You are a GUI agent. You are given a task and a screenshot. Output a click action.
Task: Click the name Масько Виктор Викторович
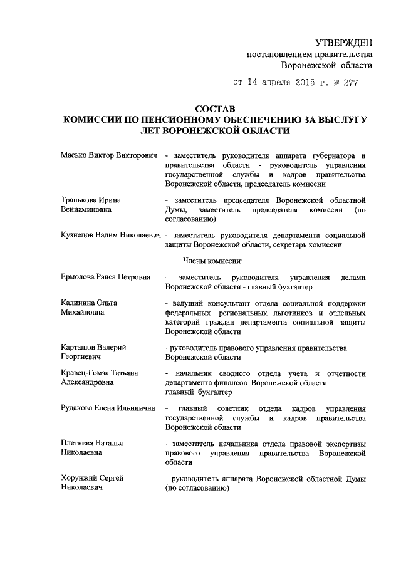pyautogui.click(x=108, y=155)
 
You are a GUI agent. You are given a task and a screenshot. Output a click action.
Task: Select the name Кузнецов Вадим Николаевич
pyautogui.click(x=108, y=235)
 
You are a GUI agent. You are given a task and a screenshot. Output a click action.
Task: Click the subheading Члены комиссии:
pyautogui.click(x=216, y=259)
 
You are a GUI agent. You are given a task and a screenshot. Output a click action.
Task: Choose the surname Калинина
pyautogui.click(x=80, y=303)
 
